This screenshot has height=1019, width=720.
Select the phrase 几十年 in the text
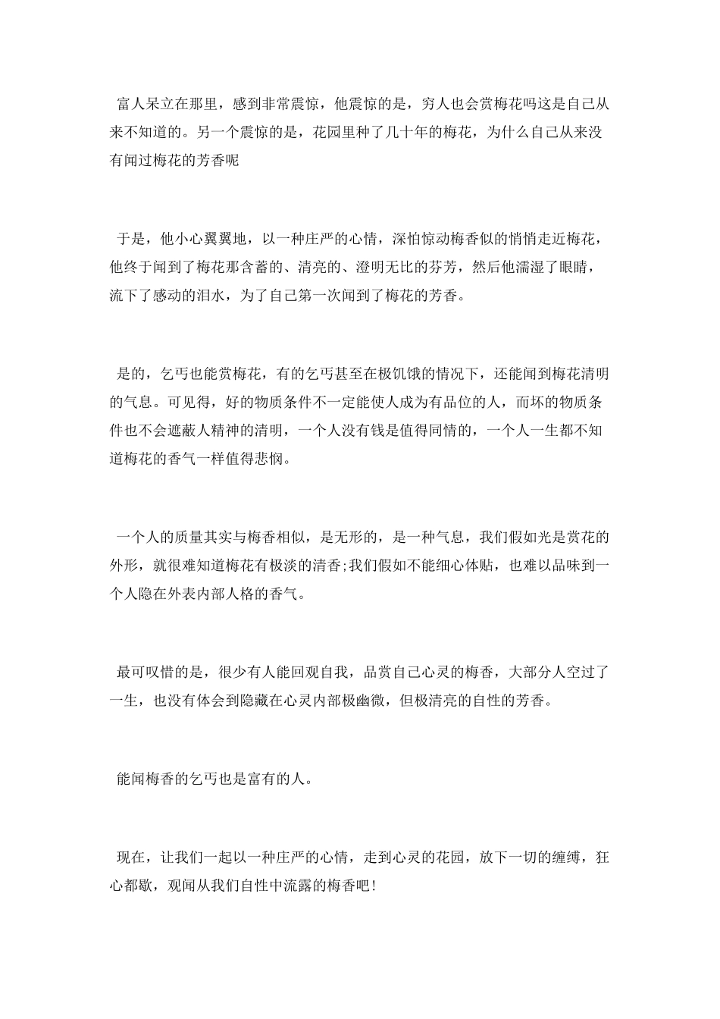421,132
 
